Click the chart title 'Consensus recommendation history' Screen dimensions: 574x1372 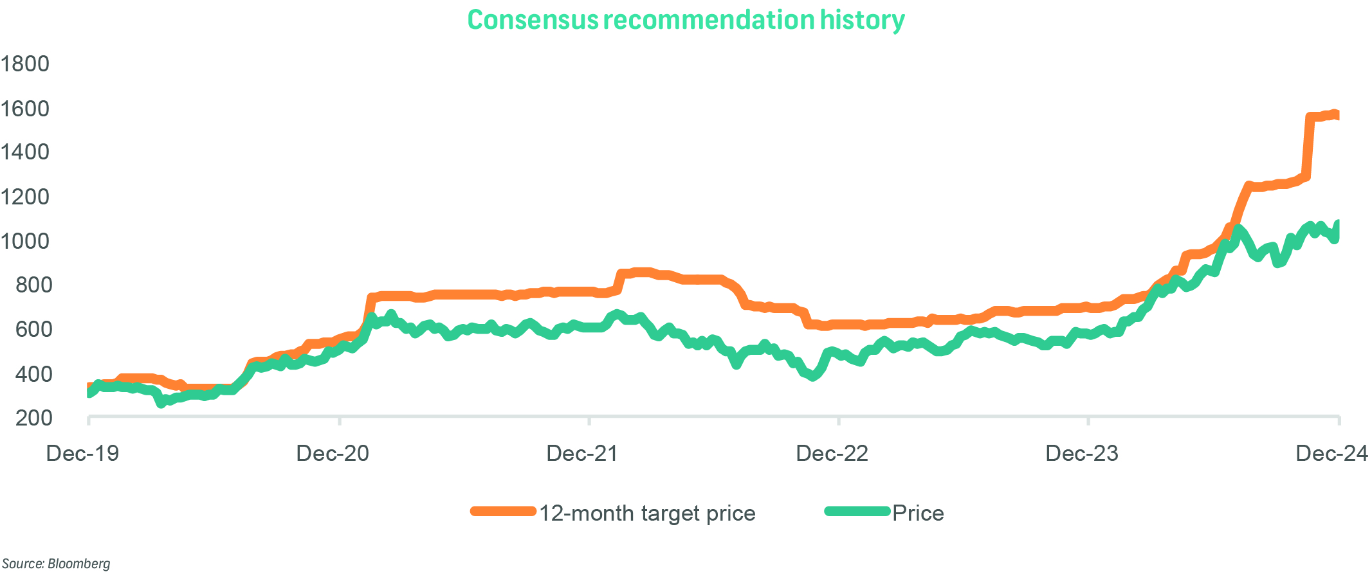686,21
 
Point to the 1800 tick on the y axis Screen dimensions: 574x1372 25,64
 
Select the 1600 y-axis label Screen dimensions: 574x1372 25,109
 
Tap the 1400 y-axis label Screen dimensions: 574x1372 25,152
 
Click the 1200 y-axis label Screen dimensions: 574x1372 25,197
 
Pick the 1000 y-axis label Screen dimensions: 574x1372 25,241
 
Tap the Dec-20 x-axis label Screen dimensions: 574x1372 333,454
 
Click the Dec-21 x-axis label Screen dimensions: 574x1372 582,454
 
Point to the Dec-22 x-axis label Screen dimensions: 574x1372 832,454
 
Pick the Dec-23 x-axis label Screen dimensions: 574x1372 1082,454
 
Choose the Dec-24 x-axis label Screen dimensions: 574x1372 1331,454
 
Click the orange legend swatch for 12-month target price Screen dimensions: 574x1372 503,512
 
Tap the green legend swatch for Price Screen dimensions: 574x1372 857,512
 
